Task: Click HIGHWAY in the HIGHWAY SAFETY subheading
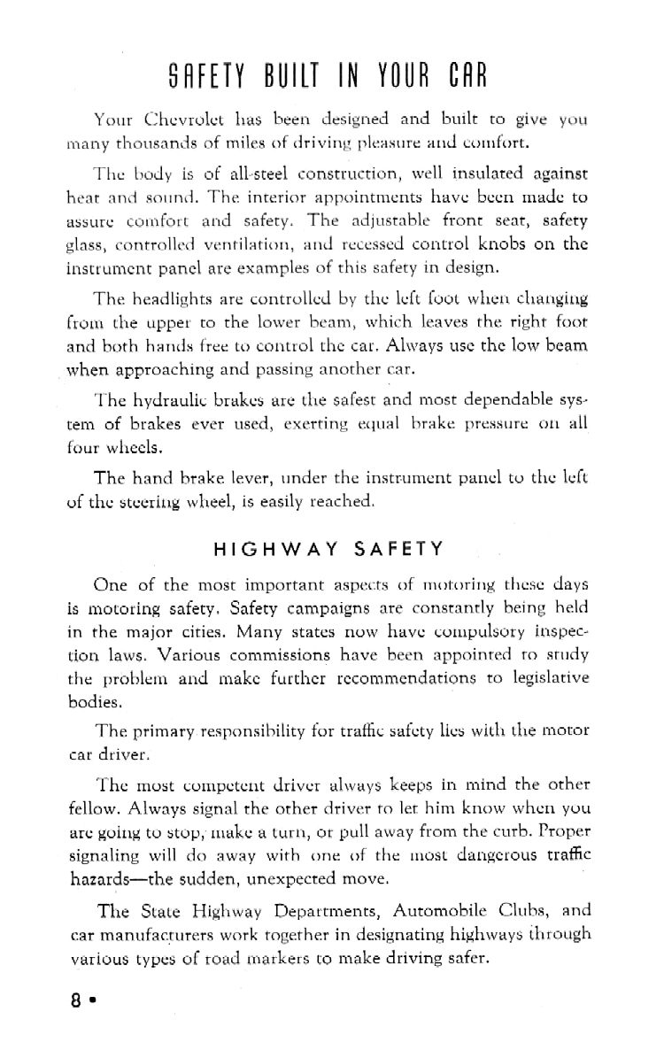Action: click(266, 548)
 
